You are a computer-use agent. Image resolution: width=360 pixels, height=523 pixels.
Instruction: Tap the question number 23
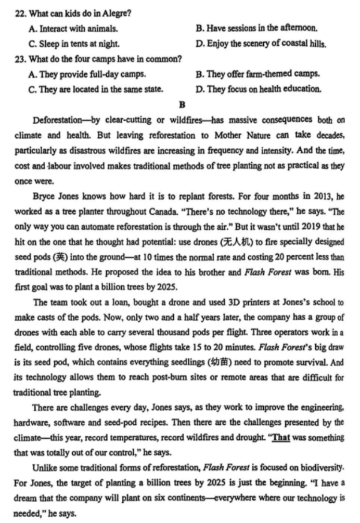pyautogui.click(x=20, y=58)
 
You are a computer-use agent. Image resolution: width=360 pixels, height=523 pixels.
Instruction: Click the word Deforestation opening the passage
pyautogui.click(x=56, y=120)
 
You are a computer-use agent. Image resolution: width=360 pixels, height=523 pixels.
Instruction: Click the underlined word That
pyautogui.click(x=281, y=438)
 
